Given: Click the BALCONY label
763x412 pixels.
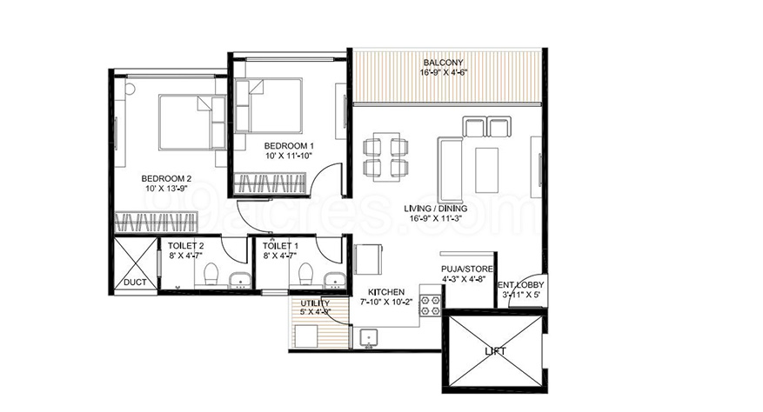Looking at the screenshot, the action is (443, 63).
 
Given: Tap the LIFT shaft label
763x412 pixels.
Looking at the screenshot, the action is (495, 350).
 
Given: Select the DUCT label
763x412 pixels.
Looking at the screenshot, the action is (135, 282).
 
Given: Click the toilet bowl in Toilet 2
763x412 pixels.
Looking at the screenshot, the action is (211, 274).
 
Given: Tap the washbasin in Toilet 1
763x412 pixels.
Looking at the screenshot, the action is (335, 281).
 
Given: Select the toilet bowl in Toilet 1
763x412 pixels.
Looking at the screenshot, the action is (305, 274).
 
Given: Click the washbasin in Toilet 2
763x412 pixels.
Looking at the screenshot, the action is (240, 281).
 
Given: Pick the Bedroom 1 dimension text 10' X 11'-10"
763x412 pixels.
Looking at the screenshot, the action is (289, 156).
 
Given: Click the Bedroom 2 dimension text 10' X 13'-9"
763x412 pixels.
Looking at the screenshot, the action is (165, 189).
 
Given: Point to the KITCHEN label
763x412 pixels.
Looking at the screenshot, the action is (386, 292).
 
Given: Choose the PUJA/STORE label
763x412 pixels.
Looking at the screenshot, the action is (466, 269).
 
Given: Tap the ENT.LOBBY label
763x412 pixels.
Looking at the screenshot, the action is (520, 285).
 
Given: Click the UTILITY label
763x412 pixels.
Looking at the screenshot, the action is (315, 303).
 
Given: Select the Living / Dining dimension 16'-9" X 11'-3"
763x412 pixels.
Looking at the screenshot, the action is (436, 218).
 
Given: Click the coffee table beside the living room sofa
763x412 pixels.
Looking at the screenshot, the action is (486, 170).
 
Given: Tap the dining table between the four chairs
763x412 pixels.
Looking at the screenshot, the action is (386, 156).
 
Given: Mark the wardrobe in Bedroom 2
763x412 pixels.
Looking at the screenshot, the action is (157, 223).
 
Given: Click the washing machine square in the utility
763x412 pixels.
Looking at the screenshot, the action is (306, 336).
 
